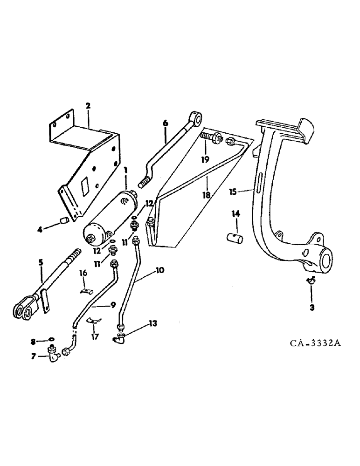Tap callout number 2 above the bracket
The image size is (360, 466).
88,107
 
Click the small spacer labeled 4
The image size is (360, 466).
65,219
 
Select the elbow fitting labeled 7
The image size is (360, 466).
51,355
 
